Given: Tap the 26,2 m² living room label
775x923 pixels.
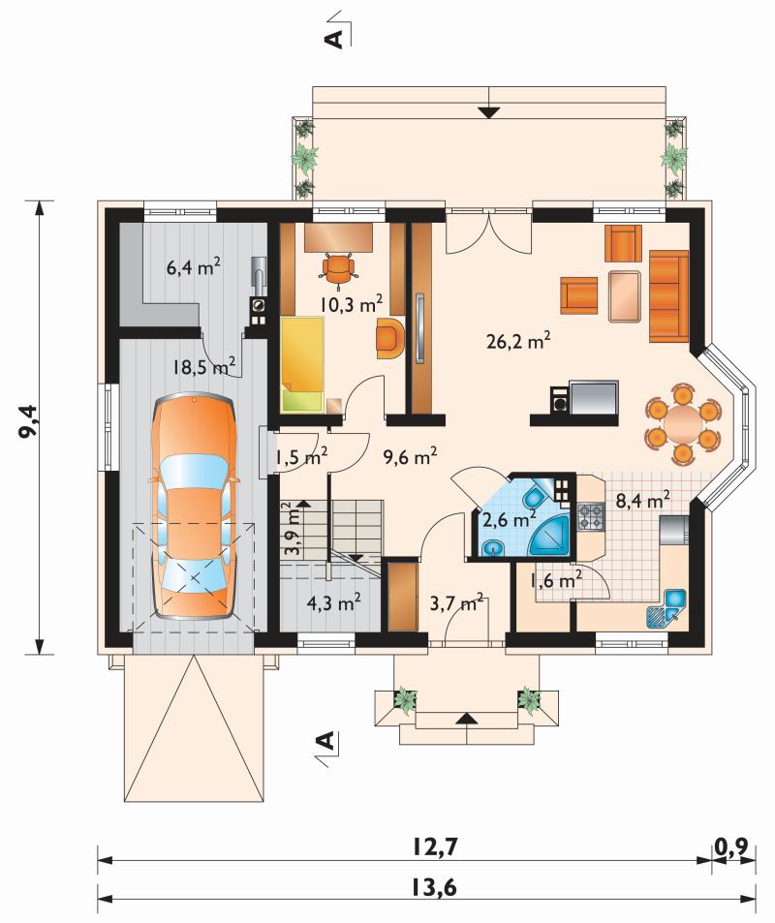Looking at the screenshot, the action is [519, 342].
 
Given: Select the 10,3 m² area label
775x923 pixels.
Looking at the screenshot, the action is [352, 304].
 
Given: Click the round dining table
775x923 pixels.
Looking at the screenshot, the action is [683, 421].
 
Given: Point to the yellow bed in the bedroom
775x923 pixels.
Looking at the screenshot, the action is [302, 364].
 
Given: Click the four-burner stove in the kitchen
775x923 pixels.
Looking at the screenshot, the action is [591, 515].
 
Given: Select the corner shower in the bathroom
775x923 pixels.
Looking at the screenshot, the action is [551, 535].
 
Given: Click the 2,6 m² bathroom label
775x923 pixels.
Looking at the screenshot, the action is [509, 520].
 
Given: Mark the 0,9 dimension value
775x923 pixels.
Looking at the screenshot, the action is [731, 846].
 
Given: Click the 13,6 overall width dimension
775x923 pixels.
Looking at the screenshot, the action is [435, 886].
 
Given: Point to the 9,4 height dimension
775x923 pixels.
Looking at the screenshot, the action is [28, 420].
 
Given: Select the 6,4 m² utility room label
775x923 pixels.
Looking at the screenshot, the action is [194, 268].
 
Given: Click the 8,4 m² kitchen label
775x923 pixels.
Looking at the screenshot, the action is [642, 501].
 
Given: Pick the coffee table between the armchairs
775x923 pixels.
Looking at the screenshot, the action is [624, 295].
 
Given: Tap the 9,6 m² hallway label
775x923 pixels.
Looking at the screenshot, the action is [410, 456].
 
